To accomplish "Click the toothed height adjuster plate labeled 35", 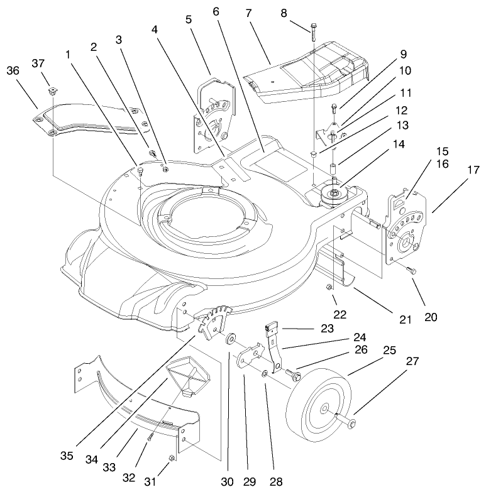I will coord(214,320).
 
